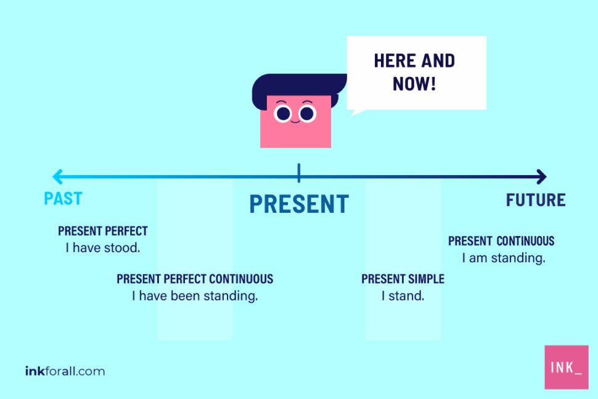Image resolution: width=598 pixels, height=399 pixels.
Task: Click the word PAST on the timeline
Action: pos(63,199)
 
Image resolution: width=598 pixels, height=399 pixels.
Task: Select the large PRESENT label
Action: pos(299,204)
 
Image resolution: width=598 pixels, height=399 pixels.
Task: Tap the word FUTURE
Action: pos(535,200)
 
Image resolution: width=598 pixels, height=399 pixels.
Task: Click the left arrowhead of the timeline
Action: pos(57,177)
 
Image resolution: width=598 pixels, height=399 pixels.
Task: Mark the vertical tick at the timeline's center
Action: pos(299,173)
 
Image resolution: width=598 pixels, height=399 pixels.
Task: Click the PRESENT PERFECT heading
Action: pos(103,231)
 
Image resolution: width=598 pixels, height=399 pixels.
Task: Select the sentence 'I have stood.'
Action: pos(103,248)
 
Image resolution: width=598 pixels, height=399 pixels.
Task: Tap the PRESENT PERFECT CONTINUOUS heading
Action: pos(195,279)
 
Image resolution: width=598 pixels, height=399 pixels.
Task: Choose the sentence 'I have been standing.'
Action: pos(195,296)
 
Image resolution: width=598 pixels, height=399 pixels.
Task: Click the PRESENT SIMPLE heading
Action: pos(403,279)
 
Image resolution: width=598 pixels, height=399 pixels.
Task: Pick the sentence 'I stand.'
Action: pos(403,296)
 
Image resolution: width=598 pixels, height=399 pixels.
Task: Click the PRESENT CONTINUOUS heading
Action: pos(501,241)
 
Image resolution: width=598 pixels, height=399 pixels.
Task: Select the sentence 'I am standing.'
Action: pos(504,258)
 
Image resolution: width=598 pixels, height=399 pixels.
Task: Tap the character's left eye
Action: pos(283,113)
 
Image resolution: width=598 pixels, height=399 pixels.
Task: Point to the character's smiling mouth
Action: pos(295,122)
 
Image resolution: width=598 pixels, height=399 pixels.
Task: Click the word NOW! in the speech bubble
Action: pos(414,83)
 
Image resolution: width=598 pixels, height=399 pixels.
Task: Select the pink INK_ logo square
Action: pos(566,367)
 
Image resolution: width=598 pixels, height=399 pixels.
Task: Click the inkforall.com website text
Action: pos(65,371)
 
